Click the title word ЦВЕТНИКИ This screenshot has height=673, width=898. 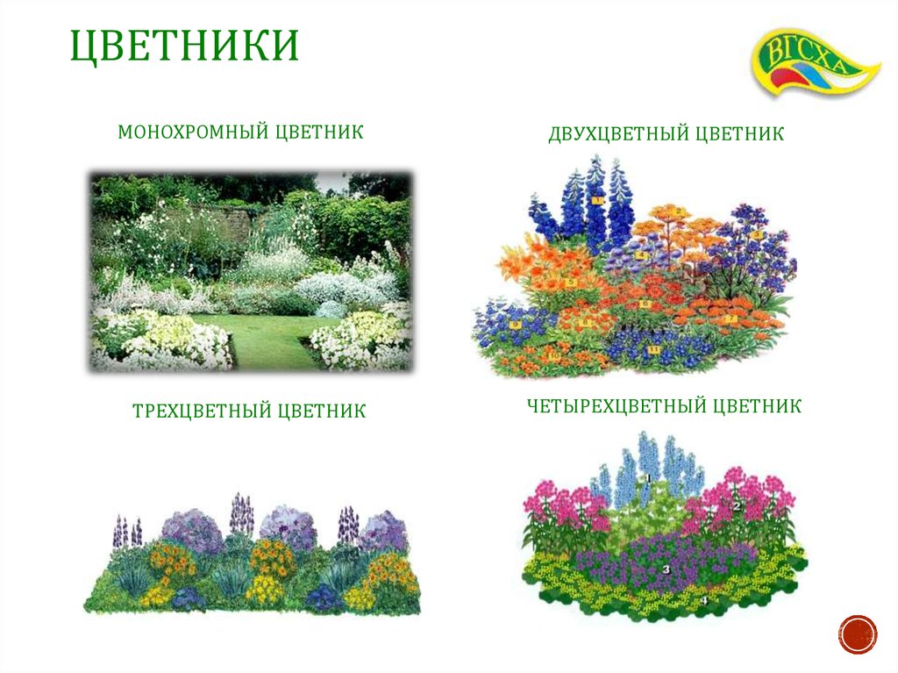184,46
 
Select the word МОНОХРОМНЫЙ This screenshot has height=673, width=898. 192,132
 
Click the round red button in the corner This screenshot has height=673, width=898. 857,634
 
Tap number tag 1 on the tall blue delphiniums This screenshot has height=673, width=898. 596,200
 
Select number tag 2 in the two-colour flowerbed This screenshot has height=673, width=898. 678,211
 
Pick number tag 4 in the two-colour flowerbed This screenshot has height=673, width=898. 641,255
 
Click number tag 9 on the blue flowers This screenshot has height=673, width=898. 515,325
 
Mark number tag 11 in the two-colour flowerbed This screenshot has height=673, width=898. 653,350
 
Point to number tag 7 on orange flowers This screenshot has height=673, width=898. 733,318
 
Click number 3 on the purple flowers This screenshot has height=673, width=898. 666,569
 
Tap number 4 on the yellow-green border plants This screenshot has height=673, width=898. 704,601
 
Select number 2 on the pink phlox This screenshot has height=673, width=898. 738,506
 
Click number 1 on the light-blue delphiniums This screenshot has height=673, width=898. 647,478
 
